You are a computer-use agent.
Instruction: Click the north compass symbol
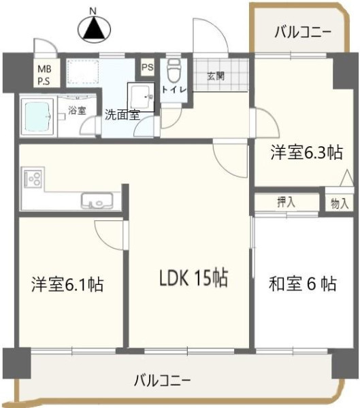[95, 27]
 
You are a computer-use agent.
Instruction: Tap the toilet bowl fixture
[174, 70]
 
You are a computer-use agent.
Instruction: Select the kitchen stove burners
[33, 179]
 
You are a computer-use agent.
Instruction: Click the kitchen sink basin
[97, 201]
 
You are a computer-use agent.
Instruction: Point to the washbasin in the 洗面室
[141, 97]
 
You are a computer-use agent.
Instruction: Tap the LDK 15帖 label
[193, 278]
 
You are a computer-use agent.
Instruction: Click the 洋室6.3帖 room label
[307, 152]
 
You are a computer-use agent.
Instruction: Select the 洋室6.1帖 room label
[67, 284]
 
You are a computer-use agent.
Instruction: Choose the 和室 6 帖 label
[302, 284]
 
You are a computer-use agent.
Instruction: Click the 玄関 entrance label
[216, 76]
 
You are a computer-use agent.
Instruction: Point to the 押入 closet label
[286, 202]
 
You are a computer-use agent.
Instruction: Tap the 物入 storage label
[340, 203]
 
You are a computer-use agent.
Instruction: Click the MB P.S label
[44, 75]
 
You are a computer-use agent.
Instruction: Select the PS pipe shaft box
[148, 67]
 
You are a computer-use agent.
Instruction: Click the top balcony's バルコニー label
[303, 33]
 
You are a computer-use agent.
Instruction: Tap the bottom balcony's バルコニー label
[162, 381]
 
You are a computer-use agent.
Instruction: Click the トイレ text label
[174, 90]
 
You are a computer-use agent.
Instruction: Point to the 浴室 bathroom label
[77, 110]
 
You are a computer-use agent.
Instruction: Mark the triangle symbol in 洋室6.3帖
[347, 178]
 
